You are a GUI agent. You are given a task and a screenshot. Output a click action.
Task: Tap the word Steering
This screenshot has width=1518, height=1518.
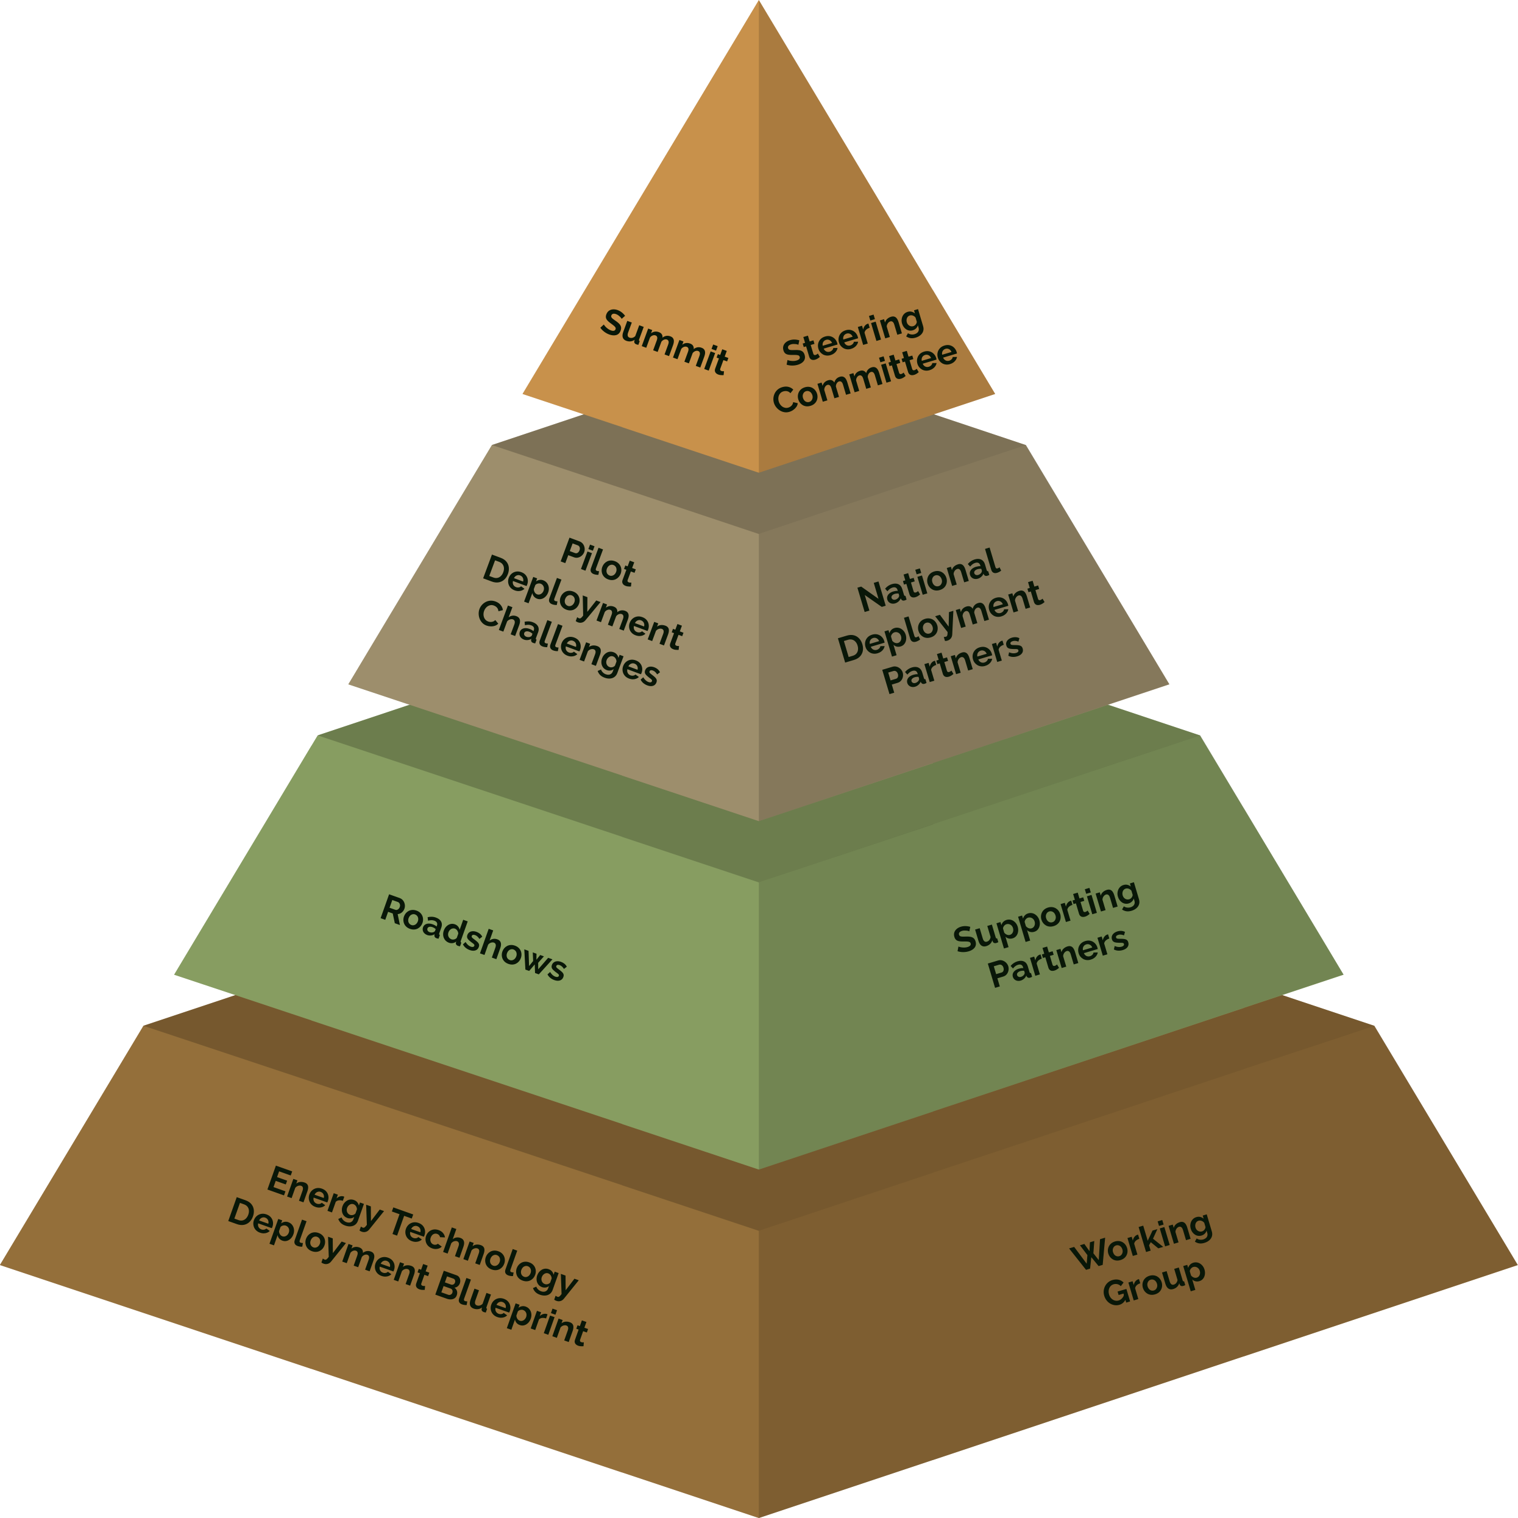point(853,338)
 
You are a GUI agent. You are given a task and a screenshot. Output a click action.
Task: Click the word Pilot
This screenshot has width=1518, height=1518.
point(598,562)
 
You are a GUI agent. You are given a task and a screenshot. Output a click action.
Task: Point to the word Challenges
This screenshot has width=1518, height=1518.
point(569,644)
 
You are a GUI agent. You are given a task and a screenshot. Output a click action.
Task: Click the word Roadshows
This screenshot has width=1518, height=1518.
point(473,937)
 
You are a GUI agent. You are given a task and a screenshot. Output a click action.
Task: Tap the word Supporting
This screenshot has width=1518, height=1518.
point(1046,916)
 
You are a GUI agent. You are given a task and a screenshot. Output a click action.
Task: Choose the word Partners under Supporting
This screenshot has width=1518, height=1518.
point(1059,956)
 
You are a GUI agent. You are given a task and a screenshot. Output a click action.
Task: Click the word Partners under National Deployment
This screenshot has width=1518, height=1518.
point(953,664)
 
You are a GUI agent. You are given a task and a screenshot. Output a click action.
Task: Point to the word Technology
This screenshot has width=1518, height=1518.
point(484,1252)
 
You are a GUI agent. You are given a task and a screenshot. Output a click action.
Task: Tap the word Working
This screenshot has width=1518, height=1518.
point(1141,1241)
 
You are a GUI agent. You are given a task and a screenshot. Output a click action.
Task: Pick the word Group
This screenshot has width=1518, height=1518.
point(1154,1282)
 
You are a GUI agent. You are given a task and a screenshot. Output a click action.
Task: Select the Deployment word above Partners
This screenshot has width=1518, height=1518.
point(940,622)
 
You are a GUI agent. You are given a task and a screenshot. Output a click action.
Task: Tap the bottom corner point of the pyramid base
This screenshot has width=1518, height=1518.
point(759,1515)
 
